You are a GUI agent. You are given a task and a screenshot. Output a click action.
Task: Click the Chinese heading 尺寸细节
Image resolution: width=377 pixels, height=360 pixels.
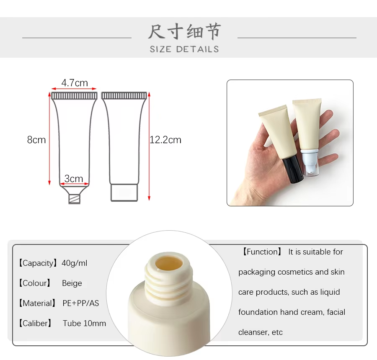184,31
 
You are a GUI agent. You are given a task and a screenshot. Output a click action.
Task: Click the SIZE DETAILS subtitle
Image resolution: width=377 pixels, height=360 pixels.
184,49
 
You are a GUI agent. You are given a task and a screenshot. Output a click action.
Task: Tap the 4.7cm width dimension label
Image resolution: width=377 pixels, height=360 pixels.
75,83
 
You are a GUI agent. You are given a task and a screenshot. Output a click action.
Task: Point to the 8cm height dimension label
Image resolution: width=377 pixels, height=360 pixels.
36,140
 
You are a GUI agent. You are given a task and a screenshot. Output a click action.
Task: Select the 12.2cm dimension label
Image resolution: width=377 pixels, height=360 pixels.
165,140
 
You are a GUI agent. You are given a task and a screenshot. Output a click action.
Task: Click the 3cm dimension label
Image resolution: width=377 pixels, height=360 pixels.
74,179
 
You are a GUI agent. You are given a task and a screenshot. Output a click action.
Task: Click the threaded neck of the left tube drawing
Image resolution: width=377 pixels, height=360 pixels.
74,199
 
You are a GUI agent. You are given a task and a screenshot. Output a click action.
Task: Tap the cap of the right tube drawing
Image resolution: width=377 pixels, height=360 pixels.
124,193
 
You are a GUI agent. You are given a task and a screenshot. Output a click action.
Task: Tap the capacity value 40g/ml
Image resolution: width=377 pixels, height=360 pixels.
74,263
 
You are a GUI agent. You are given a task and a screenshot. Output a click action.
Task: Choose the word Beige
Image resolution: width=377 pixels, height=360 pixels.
72,283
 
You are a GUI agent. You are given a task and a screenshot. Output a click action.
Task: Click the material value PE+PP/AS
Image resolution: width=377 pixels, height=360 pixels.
81,303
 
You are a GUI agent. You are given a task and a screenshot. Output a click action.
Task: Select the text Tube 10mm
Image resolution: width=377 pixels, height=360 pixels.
84,324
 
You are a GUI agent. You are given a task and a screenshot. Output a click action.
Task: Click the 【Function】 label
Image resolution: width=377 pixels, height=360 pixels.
261,252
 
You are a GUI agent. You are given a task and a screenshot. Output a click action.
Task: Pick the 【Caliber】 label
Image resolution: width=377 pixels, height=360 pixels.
35,324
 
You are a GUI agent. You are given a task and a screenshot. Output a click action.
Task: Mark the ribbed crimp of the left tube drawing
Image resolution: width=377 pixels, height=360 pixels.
74,96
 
